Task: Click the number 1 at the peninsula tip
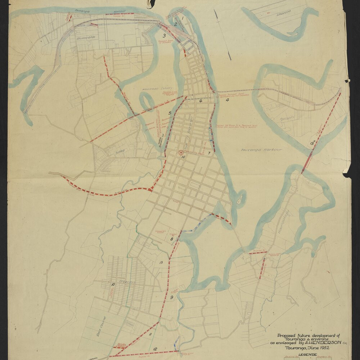pyautogui.click(x=183, y=17)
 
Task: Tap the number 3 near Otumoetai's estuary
pyautogui.click(x=164, y=35)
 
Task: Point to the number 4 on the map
pyautogui.click(x=227, y=100)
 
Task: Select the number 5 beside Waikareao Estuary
pyautogui.click(x=170, y=113)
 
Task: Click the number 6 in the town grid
pyautogui.click(x=201, y=101)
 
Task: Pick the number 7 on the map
pyautogui.click(x=209, y=153)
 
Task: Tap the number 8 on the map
pyautogui.click(x=172, y=239)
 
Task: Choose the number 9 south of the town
pyautogui.click(x=172, y=297)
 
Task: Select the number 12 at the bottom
pyautogui.click(x=155, y=349)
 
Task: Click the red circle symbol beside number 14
pyautogui.click(x=181, y=153)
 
